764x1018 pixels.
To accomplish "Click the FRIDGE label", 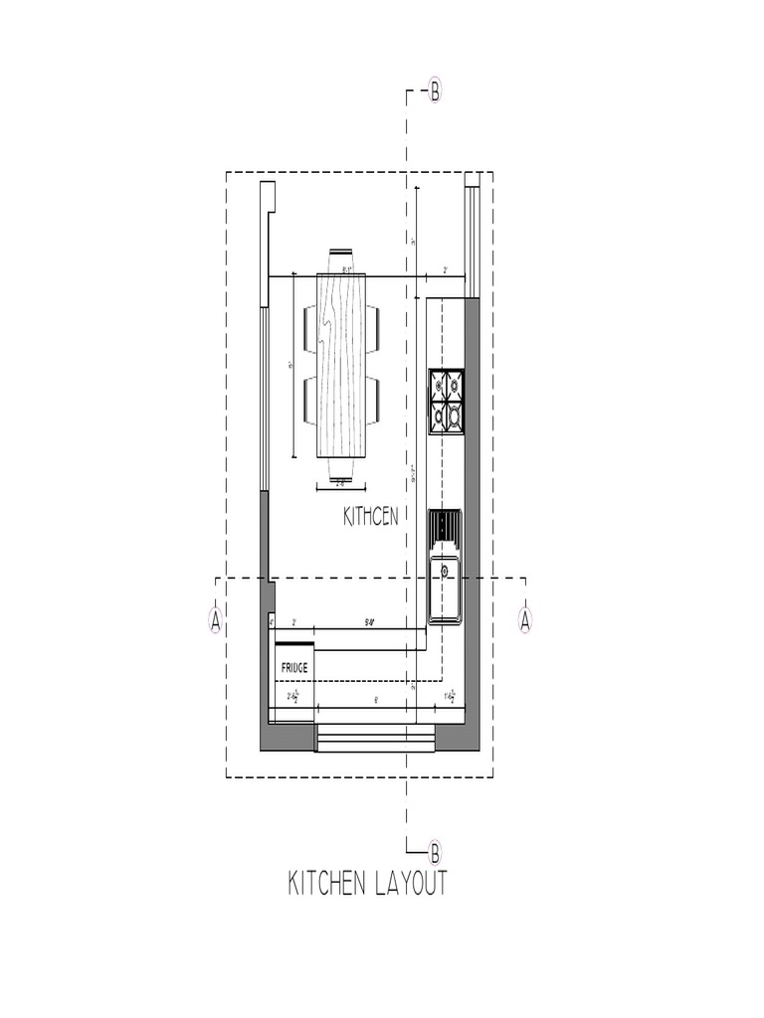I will [x=293, y=667].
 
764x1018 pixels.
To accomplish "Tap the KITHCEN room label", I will [x=371, y=517].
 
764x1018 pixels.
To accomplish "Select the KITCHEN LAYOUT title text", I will [x=368, y=883].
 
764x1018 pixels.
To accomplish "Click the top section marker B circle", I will [x=435, y=92].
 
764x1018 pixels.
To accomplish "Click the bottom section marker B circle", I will [x=435, y=852].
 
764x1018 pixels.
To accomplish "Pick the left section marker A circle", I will [x=215, y=620].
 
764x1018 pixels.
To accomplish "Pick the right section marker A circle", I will [x=526, y=620].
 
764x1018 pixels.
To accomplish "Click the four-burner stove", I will [x=446, y=402].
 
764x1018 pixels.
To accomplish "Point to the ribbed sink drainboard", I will [x=445, y=526].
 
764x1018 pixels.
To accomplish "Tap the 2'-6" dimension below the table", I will [x=339, y=484].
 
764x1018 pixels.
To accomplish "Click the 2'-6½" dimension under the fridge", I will [x=295, y=697].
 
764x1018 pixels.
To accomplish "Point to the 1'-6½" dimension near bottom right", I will [x=449, y=696].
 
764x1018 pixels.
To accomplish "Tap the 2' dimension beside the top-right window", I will [x=445, y=270].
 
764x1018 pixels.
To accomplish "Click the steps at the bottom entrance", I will [x=376, y=738].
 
